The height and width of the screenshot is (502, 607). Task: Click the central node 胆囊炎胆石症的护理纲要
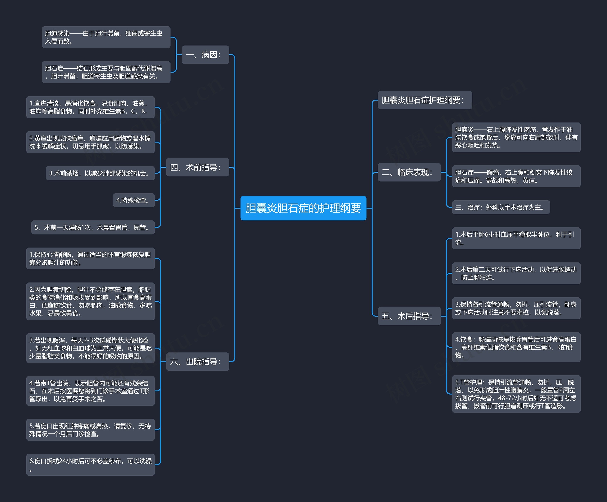pyautogui.click(x=303, y=208)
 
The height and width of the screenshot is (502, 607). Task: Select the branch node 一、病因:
pyautogui.click(x=205, y=55)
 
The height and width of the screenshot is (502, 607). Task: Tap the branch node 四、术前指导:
pyautogui.click(x=198, y=167)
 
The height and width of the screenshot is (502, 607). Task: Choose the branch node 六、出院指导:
pyautogui.click(x=198, y=362)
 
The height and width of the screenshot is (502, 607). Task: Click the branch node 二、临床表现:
pyautogui.click(x=409, y=172)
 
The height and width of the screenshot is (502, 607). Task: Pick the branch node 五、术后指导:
pyautogui.click(x=409, y=316)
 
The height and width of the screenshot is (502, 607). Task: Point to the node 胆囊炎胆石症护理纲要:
pyautogui.click(x=425, y=100)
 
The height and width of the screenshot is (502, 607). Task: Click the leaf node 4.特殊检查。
pyautogui.click(x=134, y=200)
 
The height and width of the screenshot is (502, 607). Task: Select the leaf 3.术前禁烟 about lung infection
pyautogui.click(x=100, y=173)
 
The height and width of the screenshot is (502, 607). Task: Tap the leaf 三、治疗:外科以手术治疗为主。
pyautogui.click(x=501, y=207)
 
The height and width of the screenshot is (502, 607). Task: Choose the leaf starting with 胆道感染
pyautogui.click(x=106, y=37)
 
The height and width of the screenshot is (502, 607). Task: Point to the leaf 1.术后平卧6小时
pyautogui.click(x=516, y=238)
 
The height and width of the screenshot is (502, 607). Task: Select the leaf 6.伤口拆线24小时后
pyautogui.click(x=91, y=465)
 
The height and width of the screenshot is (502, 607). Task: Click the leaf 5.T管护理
pyautogui.click(x=516, y=394)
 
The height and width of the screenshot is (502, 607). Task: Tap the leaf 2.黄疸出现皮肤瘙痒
pyautogui.click(x=91, y=142)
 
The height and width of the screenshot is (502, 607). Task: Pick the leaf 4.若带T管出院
pyautogui.click(x=91, y=391)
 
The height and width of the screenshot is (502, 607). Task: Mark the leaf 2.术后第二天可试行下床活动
pyautogui.click(x=516, y=273)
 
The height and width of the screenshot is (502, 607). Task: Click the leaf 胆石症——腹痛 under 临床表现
pyautogui.click(x=516, y=176)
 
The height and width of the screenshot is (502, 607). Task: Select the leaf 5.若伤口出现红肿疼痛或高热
pyautogui.click(x=91, y=430)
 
